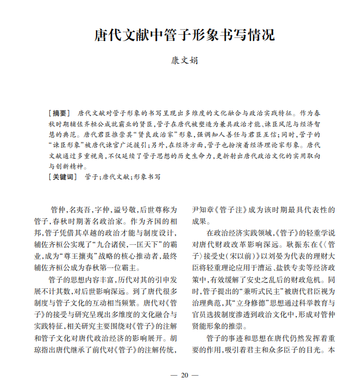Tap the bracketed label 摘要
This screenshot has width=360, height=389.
(x=60, y=112)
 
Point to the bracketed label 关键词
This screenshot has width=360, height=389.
(x=63, y=177)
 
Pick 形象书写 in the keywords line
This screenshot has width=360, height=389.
(x=147, y=177)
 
